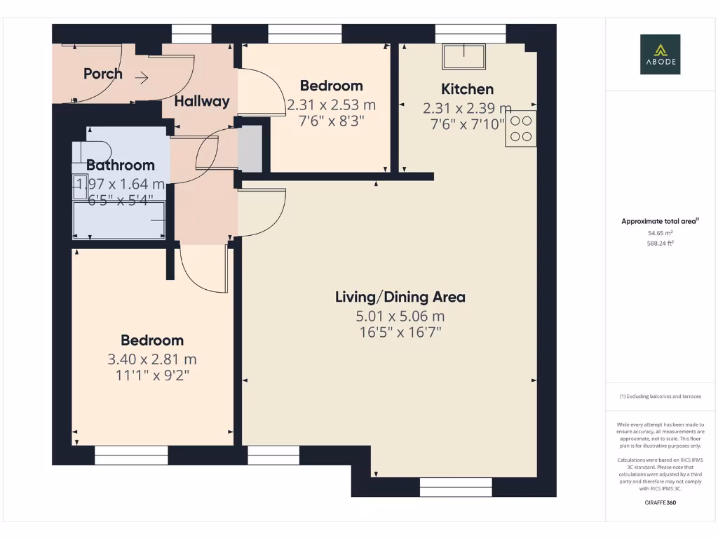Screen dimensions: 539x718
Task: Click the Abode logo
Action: pyautogui.click(x=659, y=55)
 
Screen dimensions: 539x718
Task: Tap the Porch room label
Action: pyautogui.click(x=103, y=74)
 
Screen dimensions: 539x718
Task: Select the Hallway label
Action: pyautogui.click(x=202, y=101)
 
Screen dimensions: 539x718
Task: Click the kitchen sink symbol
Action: pyautogui.click(x=463, y=56)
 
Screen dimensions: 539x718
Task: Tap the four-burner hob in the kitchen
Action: pyautogui.click(x=521, y=128)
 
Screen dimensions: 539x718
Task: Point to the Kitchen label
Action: pyautogui.click(x=467, y=89)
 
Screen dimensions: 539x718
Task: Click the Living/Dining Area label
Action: pyautogui.click(x=400, y=297)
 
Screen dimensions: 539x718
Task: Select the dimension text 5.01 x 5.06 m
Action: pyautogui.click(x=400, y=317)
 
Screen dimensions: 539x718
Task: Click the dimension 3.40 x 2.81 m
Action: pyautogui.click(x=152, y=359)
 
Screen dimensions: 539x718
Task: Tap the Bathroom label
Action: pyautogui.click(x=121, y=166)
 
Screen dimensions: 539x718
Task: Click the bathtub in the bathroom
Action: pyautogui.click(x=120, y=220)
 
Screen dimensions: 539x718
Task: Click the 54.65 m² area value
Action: pyautogui.click(x=659, y=233)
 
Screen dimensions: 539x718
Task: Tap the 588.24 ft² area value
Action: pyautogui.click(x=659, y=244)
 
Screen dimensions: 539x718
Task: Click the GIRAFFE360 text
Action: pyautogui.click(x=659, y=503)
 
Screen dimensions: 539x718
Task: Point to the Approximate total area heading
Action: pyautogui.click(x=659, y=221)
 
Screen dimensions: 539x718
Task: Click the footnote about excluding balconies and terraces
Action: pyautogui.click(x=659, y=397)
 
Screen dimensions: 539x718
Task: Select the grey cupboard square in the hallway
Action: pyautogui.click(x=250, y=148)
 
